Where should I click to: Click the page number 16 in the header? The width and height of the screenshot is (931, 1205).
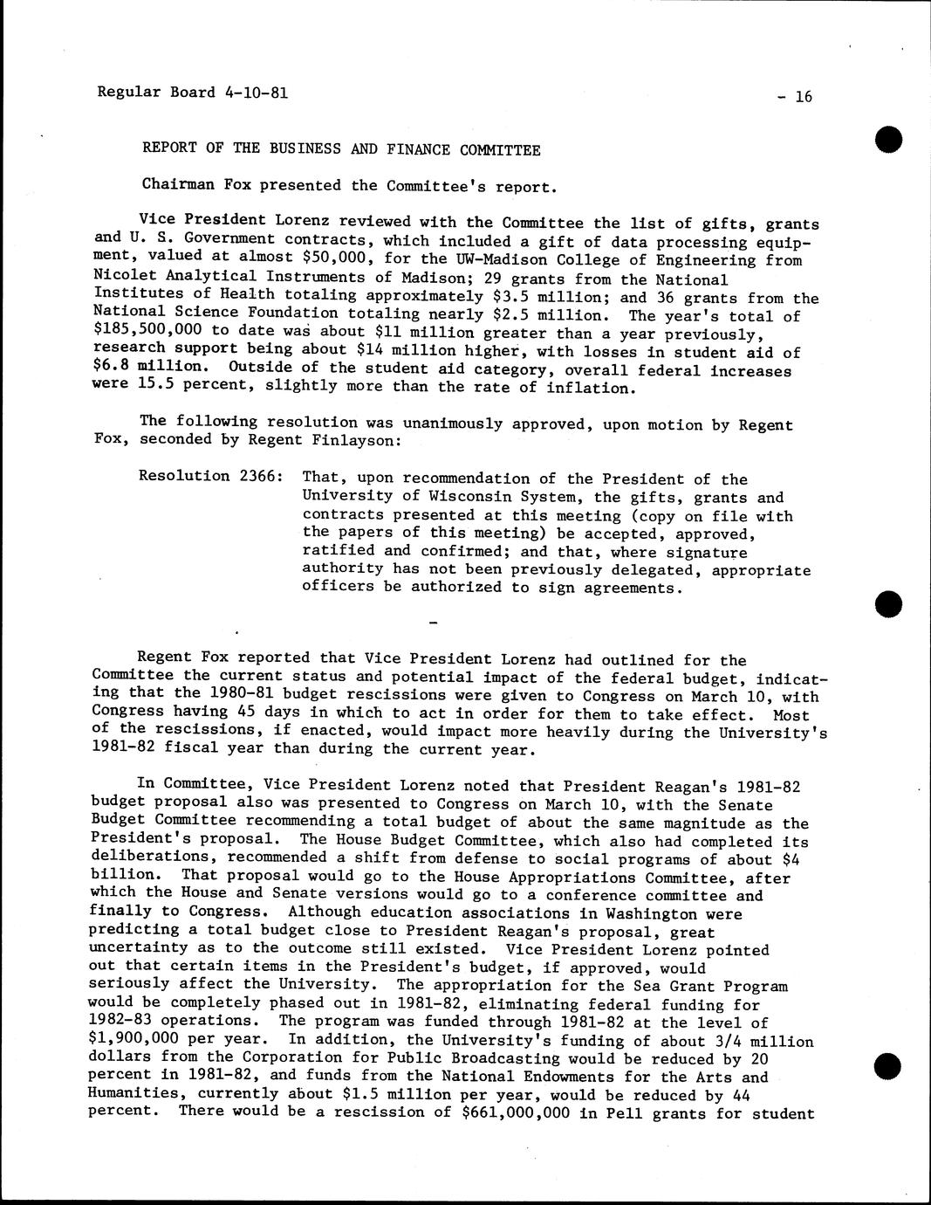click(803, 97)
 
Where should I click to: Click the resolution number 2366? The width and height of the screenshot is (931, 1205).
click(260, 476)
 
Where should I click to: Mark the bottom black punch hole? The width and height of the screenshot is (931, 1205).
click(887, 1066)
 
